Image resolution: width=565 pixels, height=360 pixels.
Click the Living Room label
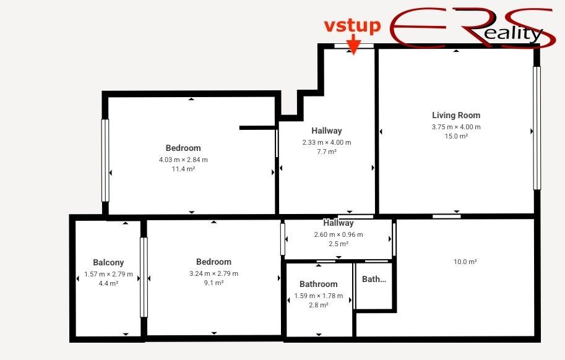pos(456,115)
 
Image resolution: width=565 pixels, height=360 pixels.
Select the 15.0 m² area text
pos(456,136)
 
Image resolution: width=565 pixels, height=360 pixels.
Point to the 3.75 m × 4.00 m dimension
pos(456,127)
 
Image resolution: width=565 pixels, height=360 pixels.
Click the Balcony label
pos(108,262)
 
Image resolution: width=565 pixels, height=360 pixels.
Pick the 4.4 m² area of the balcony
pos(108,283)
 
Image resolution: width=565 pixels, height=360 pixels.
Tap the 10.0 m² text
pos(465,262)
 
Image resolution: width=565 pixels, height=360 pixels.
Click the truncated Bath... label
pos(374,279)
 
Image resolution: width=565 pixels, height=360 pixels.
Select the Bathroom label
pos(319,284)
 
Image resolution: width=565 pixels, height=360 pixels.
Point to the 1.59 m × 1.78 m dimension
pos(319,296)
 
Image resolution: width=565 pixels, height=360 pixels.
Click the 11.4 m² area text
pos(183,169)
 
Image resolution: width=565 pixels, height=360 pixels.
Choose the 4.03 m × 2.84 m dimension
pos(183,160)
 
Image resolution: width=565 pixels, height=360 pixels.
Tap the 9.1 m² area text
pos(213,283)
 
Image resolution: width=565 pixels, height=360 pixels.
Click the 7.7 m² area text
pos(327,152)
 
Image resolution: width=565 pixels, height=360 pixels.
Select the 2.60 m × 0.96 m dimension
pos(339,234)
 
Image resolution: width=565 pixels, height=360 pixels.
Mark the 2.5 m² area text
pos(339,244)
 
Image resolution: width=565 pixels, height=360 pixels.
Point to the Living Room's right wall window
pos(537,127)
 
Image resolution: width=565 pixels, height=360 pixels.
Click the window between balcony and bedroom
pos(144,277)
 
